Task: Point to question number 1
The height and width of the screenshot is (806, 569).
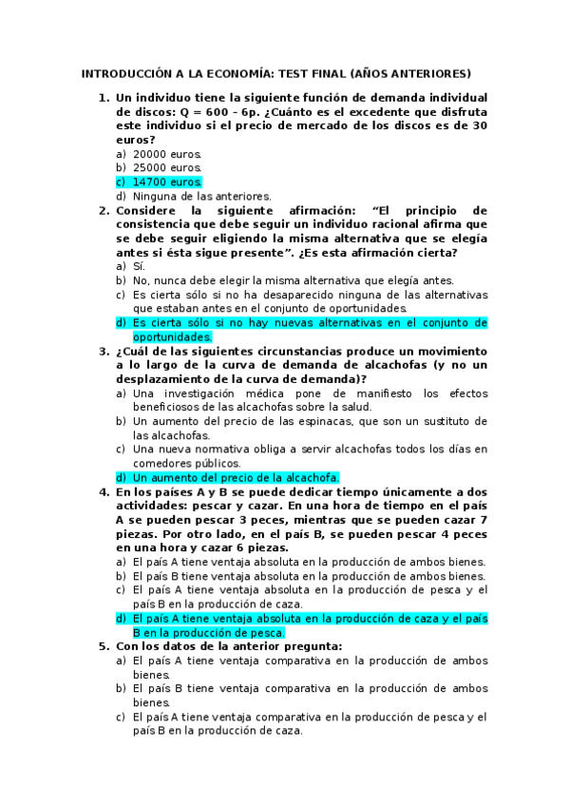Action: pos(104,97)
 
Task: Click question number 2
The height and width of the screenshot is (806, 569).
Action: pos(104,210)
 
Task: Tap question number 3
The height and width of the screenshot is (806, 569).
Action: pos(104,351)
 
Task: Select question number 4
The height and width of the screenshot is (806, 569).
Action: pos(104,491)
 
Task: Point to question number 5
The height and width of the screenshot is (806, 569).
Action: pos(104,645)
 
